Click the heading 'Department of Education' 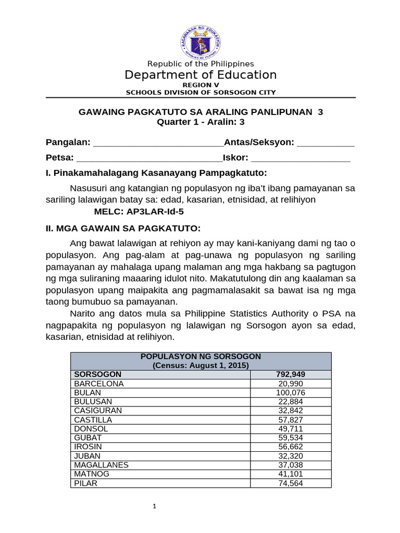click(201, 75)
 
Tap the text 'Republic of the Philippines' click(201, 64)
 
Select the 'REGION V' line click(201, 84)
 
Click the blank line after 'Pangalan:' click(157, 143)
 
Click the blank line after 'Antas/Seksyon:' click(326, 143)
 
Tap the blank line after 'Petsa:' click(149, 158)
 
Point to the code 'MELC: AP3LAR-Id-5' click(139, 212)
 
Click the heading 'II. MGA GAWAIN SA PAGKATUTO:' click(123, 229)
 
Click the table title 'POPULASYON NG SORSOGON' click(201, 357)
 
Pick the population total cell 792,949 click(291, 374)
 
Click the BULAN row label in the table click(87, 392)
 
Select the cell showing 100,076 click(291, 392)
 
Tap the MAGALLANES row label click(101, 464)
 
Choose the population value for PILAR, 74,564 click(291, 483)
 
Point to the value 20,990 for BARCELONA click(291, 384)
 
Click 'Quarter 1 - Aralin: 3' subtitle click(201, 122)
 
